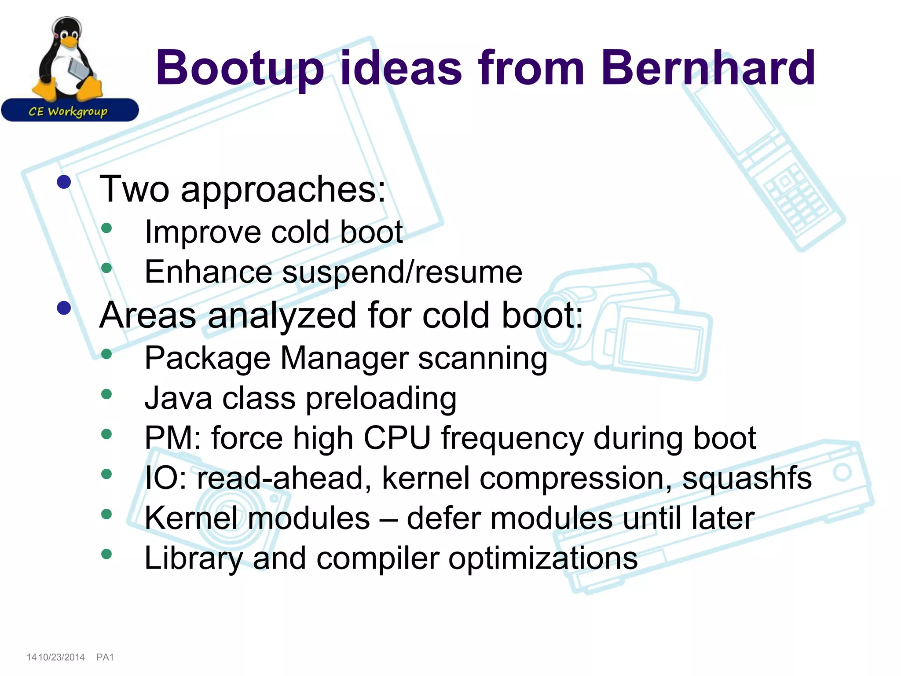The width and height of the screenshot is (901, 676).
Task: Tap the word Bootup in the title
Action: click(x=240, y=68)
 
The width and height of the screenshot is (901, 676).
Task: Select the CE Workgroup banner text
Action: click(x=68, y=111)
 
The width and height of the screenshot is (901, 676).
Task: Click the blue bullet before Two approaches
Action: click(x=64, y=182)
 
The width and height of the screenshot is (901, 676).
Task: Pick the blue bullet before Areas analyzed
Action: click(x=64, y=308)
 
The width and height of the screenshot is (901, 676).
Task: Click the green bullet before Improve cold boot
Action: click(x=106, y=228)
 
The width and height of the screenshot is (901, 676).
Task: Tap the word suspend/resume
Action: click(x=402, y=272)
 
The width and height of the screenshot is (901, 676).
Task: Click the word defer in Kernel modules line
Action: click(x=443, y=518)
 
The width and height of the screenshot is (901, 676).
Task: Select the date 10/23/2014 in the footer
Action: click(x=62, y=657)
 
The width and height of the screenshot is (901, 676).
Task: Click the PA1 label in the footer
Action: click(x=105, y=657)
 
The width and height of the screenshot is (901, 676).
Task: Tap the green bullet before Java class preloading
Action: click(x=106, y=394)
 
